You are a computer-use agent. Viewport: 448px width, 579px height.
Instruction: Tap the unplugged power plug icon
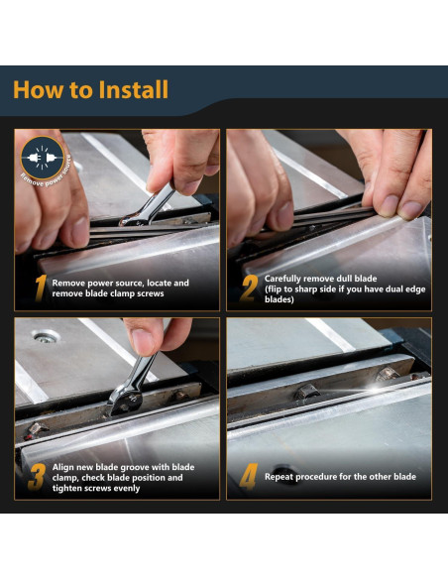pos(42,158)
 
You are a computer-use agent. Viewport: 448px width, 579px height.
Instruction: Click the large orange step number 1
pos(41,289)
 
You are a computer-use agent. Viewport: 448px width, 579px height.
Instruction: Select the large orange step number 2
pos(250,289)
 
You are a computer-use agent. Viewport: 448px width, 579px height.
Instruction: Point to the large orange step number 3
pos(37,477)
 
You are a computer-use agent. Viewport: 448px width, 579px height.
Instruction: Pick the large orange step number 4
pos(249,477)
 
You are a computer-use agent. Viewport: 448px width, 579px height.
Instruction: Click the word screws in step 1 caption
pos(151,293)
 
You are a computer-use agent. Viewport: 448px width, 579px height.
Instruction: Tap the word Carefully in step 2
pos(282,279)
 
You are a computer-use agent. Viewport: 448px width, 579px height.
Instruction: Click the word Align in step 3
pos(62,468)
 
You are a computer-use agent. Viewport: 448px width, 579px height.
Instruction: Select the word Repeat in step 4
pos(279,477)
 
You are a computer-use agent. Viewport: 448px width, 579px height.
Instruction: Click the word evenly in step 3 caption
pos(127,489)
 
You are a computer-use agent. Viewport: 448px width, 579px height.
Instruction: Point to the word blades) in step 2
pos(279,299)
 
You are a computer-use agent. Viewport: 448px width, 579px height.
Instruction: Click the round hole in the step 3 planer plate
pos(46,336)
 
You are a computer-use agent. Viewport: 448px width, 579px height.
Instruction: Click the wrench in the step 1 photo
pos(148,205)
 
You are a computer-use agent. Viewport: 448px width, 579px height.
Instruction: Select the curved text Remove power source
pos(48,174)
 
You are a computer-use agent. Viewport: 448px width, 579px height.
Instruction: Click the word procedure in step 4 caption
pos(322,477)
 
